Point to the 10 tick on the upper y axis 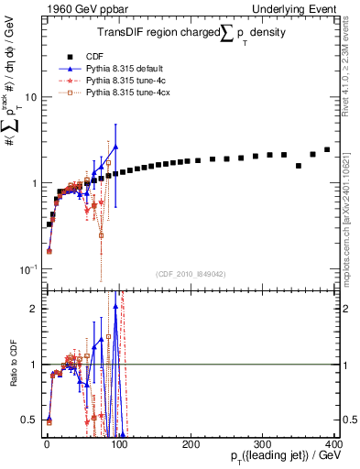[30, 97]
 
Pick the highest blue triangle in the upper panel [115, 147]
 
